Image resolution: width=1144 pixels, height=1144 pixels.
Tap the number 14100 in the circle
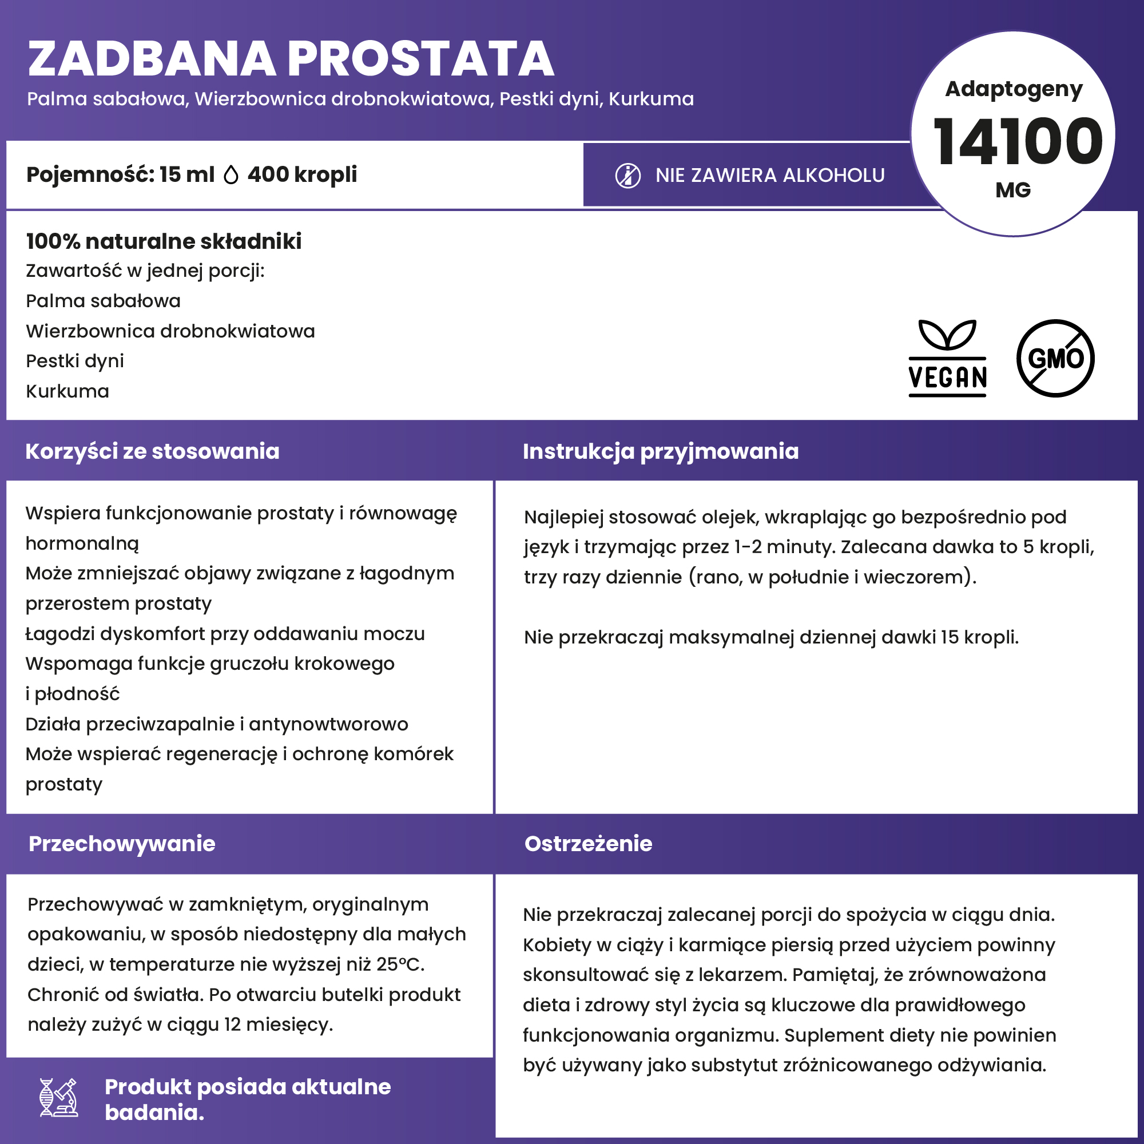1017,142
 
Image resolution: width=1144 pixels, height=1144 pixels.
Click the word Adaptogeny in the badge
1014,89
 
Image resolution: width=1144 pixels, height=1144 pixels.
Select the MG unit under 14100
1013,190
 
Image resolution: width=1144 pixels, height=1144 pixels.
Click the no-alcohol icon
627,176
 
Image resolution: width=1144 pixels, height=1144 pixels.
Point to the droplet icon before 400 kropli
231,175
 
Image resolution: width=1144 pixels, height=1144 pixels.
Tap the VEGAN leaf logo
947,357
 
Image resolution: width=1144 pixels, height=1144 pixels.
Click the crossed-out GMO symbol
1055,358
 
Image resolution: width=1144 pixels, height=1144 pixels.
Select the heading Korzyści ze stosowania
152,451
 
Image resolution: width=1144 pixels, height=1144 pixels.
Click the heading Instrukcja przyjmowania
660,451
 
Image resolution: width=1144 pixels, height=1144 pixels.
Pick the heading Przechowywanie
122,844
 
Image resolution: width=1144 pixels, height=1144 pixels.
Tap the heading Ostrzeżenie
588,844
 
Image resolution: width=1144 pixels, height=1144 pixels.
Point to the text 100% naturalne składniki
164,241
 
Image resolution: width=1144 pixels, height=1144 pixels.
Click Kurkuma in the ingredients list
67,391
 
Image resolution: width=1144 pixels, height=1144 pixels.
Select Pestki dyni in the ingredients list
75,361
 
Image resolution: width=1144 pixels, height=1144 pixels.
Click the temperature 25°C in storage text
399,964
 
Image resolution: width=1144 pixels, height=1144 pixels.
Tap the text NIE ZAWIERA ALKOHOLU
770,176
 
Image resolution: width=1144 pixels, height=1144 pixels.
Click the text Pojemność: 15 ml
120,174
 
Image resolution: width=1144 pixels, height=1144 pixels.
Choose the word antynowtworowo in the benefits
329,724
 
